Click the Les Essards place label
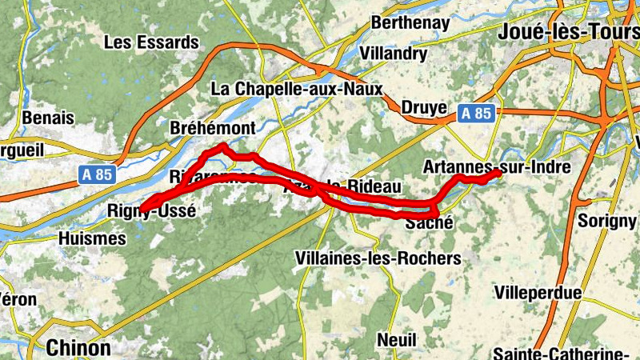pos(151,42)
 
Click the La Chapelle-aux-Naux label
pos(297,89)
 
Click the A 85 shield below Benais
pos(98,173)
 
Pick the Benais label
pos(49,118)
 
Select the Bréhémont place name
pos(213,128)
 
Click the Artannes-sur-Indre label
pos(496,166)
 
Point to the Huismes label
pos(93,238)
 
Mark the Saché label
pos(430,224)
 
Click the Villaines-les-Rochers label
pos(378,258)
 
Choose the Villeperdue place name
pos(538,293)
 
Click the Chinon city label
pos(78,348)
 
